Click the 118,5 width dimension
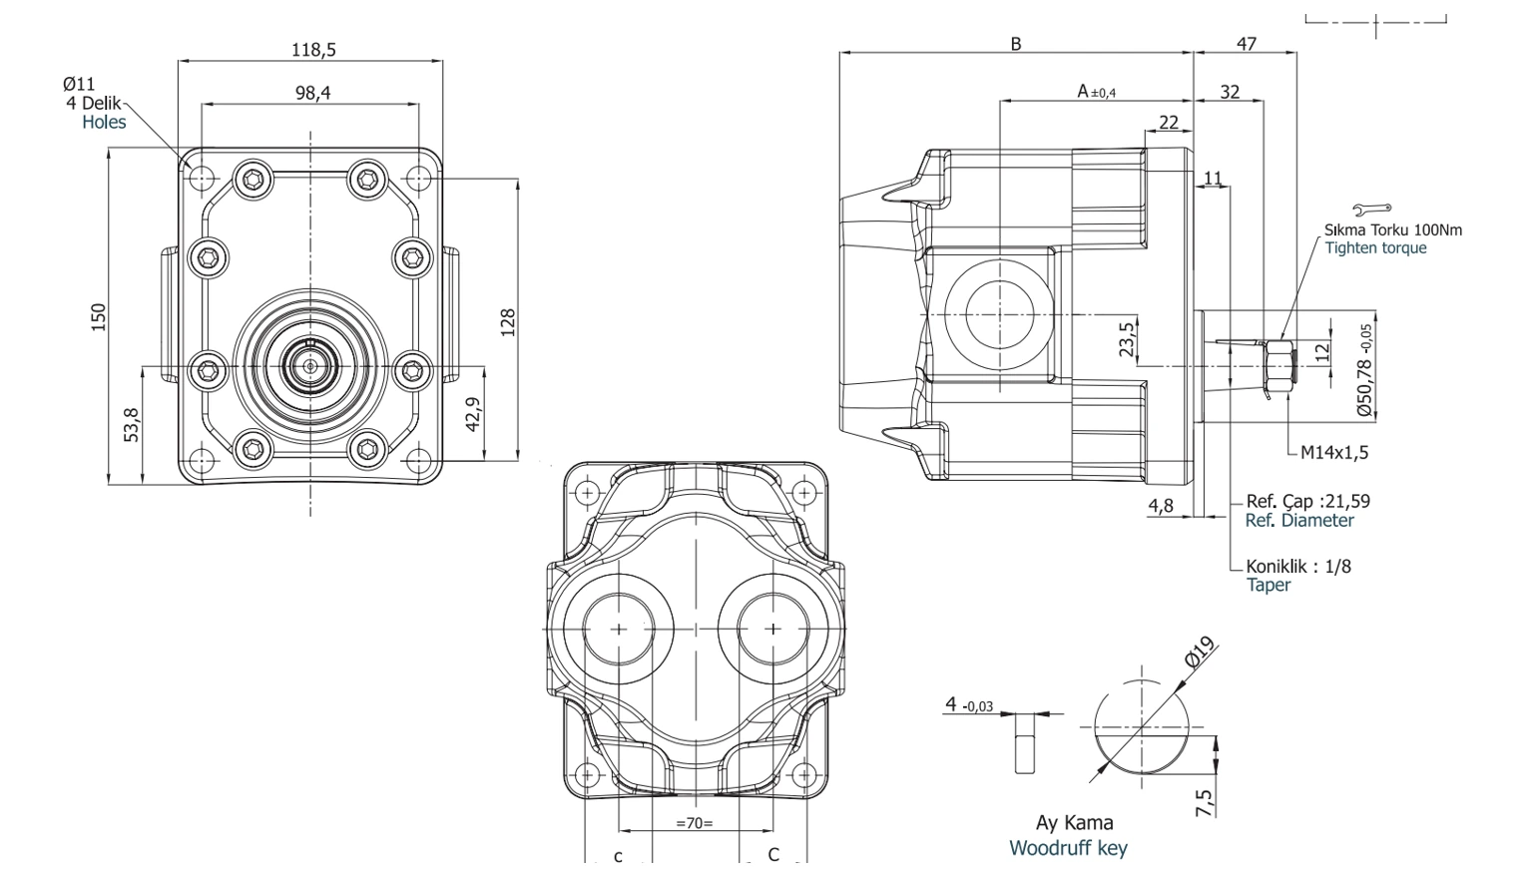[313, 50]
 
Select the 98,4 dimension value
[313, 93]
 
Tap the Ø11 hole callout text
[79, 84]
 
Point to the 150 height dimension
[100, 317]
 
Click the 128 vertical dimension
[508, 322]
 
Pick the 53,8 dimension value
[132, 425]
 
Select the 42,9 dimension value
[473, 414]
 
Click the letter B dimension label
[1016, 44]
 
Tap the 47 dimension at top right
[1247, 44]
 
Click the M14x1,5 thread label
[1334, 452]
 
